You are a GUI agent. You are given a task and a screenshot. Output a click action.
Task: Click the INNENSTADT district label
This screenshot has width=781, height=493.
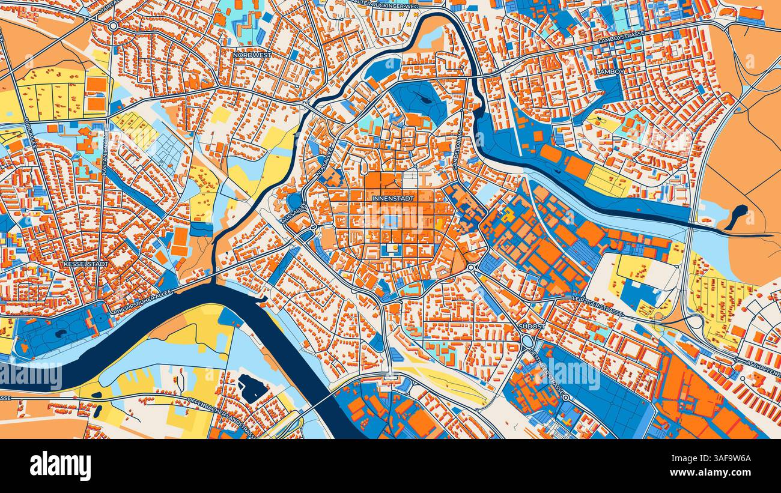(393, 198)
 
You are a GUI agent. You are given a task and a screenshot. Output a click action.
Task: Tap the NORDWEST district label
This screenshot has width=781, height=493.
(252, 55)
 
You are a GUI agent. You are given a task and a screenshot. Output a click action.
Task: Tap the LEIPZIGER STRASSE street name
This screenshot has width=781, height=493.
(597, 306)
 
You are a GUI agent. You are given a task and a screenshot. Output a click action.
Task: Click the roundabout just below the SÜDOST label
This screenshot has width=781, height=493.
(528, 340)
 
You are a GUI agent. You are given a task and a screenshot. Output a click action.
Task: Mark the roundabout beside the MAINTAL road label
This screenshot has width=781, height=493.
(113, 25)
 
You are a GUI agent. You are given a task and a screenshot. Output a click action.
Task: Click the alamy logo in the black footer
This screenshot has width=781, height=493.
(61, 466)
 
